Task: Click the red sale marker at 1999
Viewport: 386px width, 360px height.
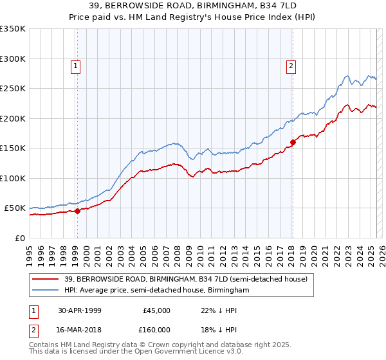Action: click(77, 210)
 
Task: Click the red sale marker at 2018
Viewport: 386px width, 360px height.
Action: click(293, 142)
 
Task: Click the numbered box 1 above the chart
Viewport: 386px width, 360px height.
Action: click(76, 65)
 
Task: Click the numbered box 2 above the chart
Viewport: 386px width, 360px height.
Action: click(291, 65)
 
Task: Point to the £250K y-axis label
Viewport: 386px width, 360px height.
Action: click(13, 89)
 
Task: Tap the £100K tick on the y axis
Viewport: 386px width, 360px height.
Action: click(13, 178)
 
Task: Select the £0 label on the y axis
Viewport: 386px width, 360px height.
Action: click(19, 238)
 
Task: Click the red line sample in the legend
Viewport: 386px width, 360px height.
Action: click(46, 279)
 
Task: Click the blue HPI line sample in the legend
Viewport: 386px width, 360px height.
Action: click(46, 290)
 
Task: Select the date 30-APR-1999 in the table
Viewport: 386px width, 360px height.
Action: click(80, 310)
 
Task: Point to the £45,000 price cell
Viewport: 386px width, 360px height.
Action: click(157, 310)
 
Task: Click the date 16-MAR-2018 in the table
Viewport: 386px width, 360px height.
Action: click(80, 329)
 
